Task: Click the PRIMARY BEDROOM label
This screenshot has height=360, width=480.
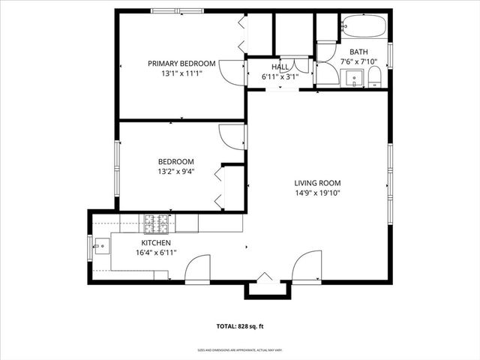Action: pyautogui.click(x=181, y=63)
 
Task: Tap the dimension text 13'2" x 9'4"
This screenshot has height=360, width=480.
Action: pyautogui.click(x=175, y=172)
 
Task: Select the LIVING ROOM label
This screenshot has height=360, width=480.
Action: pyautogui.click(x=317, y=182)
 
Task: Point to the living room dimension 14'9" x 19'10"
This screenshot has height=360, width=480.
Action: pyautogui.click(x=317, y=193)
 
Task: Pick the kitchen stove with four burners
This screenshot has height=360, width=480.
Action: pyautogui.click(x=158, y=222)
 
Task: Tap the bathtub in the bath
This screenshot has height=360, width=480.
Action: pyautogui.click(x=363, y=28)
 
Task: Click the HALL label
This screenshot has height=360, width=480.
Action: pyautogui.click(x=280, y=67)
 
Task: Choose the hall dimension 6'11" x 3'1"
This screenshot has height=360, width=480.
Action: pyautogui.click(x=280, y=76)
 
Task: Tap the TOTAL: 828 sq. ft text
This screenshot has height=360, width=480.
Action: pyautogui.click(x=239, y=326)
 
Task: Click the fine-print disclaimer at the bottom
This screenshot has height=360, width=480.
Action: pyautogui.click(x=239, y=349)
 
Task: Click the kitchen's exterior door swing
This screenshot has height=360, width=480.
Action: pyautogui.click(x=198, y=270)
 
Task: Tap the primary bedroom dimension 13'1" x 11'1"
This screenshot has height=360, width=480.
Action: pyautogui.click(x=181, y=73)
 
